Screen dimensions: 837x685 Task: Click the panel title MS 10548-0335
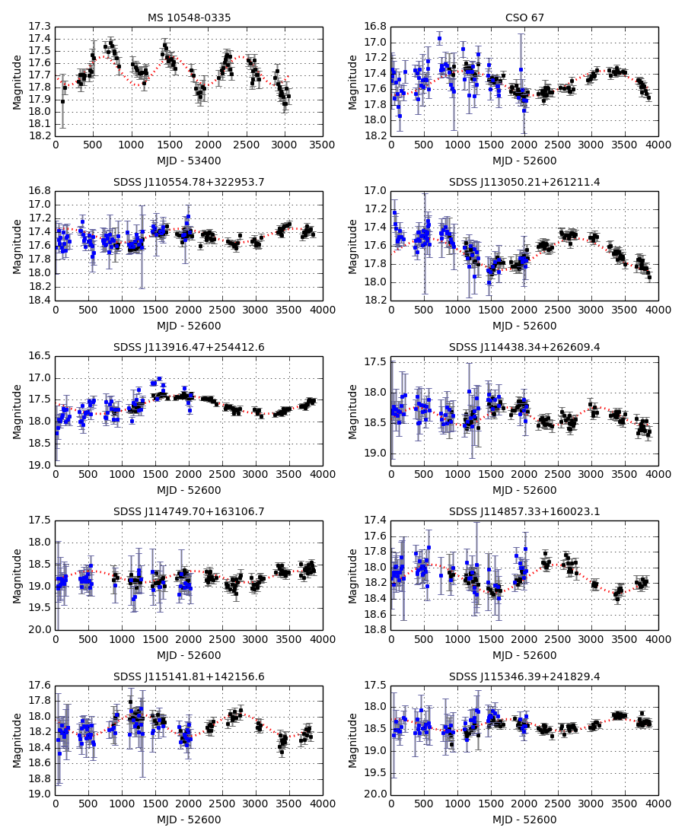coord(189,18)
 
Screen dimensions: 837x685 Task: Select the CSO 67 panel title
coord(524,18)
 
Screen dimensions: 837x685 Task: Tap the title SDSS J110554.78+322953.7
coord(189,183)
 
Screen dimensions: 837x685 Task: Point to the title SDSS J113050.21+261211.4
coord(524,183)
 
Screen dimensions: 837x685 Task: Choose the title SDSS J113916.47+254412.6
coord(189,347)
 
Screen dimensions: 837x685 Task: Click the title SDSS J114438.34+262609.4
coord(524,347)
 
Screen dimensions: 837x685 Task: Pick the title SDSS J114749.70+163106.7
coord(189,511)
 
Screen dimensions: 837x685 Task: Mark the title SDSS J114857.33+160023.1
coord(524,511)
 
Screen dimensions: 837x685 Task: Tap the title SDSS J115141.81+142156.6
coord(189,676)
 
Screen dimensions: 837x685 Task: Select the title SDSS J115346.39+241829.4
coord(524,676)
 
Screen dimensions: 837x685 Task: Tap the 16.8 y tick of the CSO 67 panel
coord(376,27)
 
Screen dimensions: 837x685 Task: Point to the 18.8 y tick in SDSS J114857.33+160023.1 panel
coord(376,630)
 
